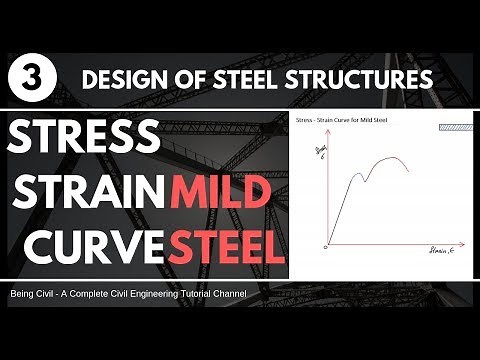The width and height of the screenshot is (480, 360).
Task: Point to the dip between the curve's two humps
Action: (368, 180)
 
